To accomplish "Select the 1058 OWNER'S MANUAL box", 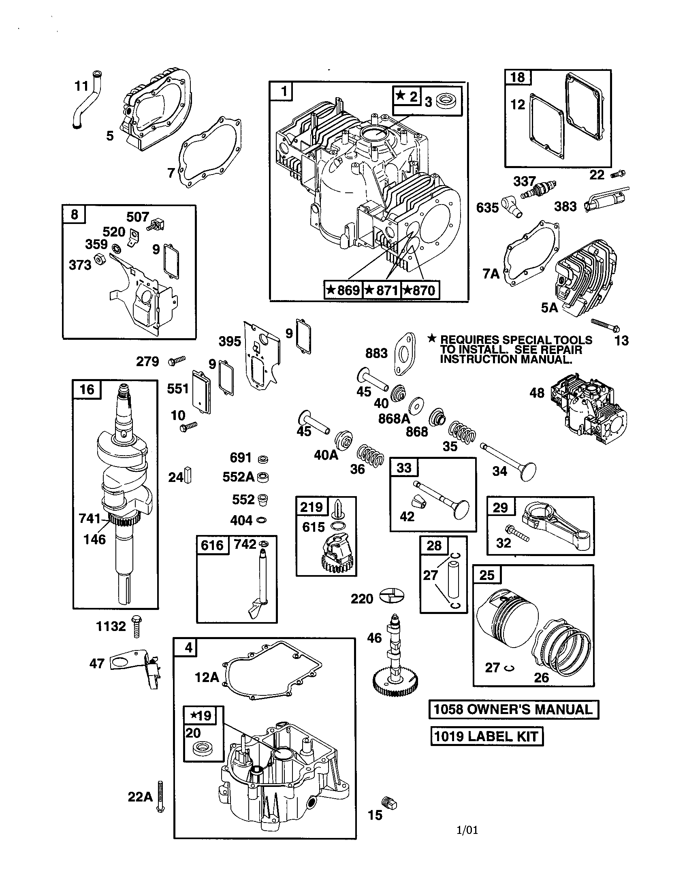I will [x=514, y=710].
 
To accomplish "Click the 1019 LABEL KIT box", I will [x=487, y=736].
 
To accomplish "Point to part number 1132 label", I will [x=111, y=626].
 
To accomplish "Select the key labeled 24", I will [x=188, y=475].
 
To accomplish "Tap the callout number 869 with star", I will [x=343, y=290].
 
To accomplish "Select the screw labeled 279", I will [x=177, y=360].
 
